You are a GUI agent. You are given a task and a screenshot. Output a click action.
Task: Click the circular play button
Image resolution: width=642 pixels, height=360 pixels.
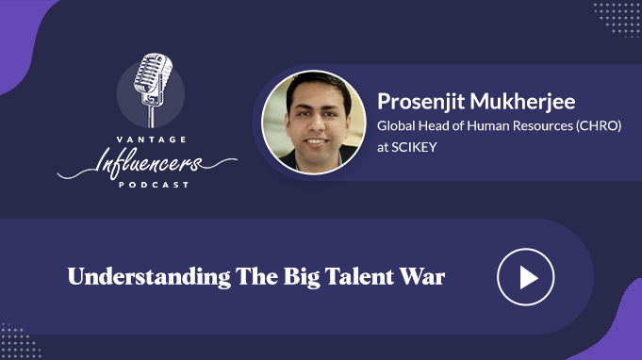tap(526, 277)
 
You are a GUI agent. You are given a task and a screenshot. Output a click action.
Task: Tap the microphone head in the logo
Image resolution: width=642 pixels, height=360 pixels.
tap(153, 74)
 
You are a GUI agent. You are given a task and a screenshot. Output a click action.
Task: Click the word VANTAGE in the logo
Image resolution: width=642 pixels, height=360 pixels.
tap(152, 139)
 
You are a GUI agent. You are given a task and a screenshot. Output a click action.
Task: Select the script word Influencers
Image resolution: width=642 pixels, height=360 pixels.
tap(149, 163)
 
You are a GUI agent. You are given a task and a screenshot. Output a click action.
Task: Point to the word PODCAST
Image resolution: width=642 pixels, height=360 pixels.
tap(154, 185)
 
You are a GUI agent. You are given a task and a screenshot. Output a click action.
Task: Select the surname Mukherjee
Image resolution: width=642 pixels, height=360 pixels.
tap(522, 102)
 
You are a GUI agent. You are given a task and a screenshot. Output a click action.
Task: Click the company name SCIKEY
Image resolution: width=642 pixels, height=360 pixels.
tap(414, 147)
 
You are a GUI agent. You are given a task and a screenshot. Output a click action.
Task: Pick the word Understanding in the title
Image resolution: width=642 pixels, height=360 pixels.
tap(149, 277)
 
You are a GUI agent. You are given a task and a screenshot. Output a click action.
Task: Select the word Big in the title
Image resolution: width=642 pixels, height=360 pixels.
tap(302, 277)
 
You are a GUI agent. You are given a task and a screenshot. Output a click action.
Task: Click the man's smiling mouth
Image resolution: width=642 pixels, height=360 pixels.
tap(316, 142)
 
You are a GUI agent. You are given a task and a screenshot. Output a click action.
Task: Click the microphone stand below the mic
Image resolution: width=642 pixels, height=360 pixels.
tap(152, 116)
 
